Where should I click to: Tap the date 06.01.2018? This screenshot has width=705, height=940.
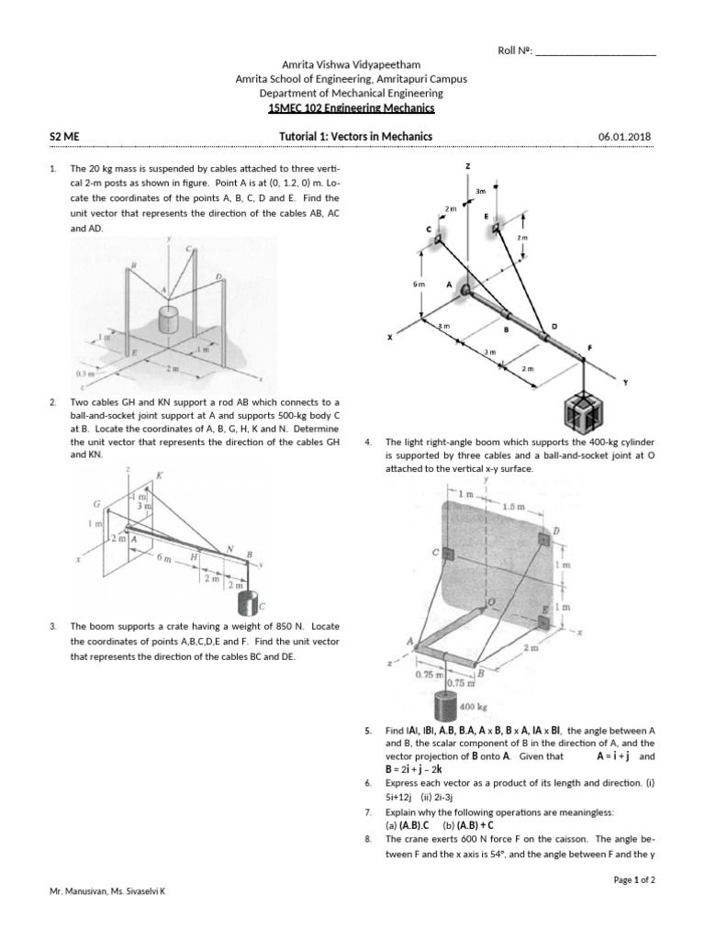[624, 137]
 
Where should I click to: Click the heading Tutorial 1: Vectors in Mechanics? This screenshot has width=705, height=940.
[355, 137]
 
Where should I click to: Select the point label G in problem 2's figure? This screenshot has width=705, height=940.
[96, 503]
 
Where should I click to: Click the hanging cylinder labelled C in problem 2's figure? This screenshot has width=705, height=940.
[247, 604]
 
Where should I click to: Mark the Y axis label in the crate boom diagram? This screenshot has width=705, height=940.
[626, 382]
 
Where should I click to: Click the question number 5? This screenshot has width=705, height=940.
[367, 731]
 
